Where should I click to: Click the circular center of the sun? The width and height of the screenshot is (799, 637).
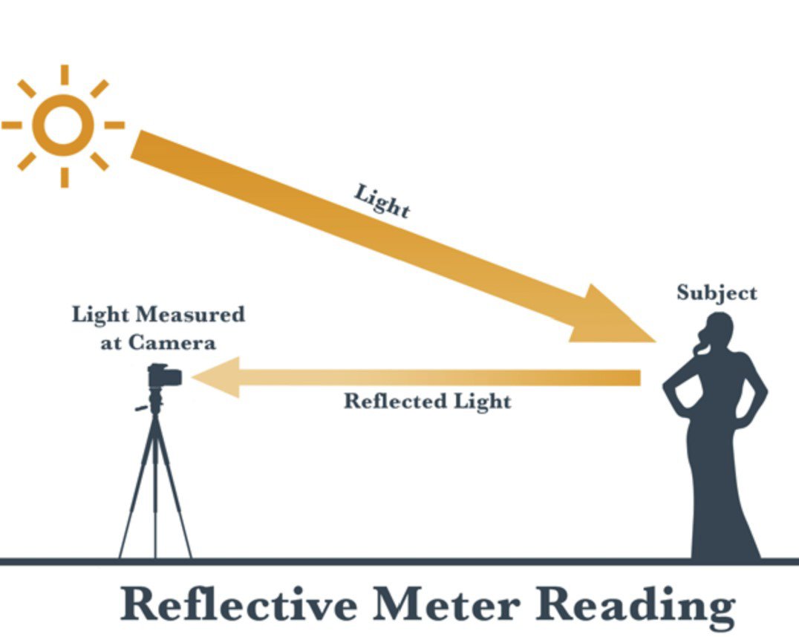64,125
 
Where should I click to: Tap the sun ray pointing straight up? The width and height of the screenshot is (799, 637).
65,74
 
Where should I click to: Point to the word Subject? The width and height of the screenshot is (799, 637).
717,293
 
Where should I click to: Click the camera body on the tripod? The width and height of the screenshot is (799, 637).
164,376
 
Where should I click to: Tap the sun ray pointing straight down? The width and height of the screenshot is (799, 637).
65,177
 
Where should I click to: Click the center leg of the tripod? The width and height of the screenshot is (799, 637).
155,490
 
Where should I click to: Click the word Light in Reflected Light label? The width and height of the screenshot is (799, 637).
482,402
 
